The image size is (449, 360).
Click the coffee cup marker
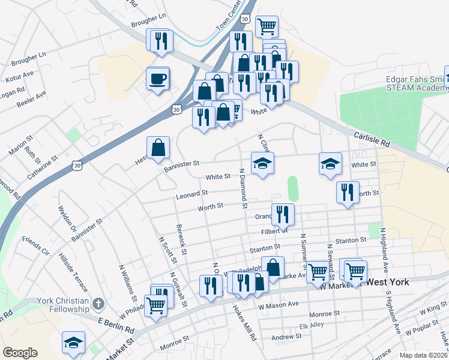click(x=158, y=79)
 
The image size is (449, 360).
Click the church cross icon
click(x=100, y=304)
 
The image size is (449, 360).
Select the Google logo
click(x=20, y=353)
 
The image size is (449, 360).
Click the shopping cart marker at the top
click(x=267, y=26)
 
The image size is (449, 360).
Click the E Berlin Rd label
click(x=116, y=325)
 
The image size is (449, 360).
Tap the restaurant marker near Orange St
click(x=283, y=214)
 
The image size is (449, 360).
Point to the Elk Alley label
click(x=312, y=326)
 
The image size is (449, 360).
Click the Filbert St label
click(x=274, y=230)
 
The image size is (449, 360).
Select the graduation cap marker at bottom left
click(x=73, y=343)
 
